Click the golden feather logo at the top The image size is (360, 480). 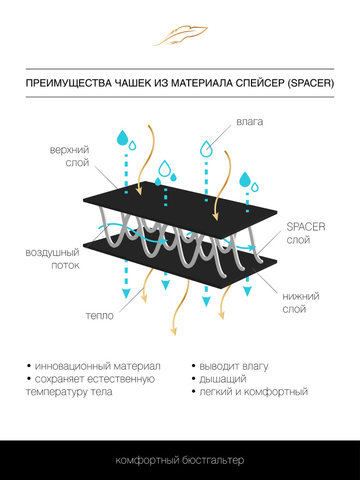pos(180,35)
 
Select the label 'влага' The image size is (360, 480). pos(250,122)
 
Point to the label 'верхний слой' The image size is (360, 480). pos(69,156)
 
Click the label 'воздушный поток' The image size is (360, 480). pos(52,259)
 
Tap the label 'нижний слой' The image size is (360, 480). pos(301,303)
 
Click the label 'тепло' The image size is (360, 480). pos(99,316)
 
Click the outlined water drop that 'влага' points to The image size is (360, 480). pos(206,148)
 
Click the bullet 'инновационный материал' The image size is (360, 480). pos(97,366)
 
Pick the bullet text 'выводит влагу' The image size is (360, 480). pos(234,366)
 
